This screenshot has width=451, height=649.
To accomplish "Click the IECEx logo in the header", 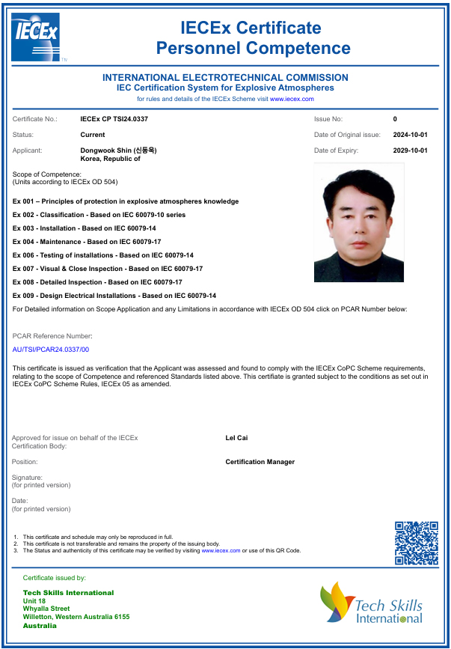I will (35, 37).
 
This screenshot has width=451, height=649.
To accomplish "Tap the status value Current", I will (93, 135).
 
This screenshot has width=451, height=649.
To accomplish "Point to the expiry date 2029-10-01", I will (410, 150).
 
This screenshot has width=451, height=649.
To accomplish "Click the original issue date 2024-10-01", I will (410, 135).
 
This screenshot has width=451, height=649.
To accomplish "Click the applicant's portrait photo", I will (358, 222).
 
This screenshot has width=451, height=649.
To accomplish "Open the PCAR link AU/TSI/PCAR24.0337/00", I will (51, 350).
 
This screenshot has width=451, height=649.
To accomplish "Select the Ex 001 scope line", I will (126, 201).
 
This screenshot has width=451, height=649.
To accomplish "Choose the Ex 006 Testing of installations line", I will (103, 255).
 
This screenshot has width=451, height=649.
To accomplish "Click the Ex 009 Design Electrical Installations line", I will (114, 296).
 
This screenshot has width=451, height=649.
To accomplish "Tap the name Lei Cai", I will (236, 438).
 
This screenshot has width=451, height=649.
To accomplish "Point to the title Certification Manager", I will (260, 462).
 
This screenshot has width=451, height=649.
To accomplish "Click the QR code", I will (416, 543).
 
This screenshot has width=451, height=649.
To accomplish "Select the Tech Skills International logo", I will (371, 603).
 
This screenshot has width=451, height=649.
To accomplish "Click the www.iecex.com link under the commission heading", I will (292, 99).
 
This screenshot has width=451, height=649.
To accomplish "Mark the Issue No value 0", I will (395, 119).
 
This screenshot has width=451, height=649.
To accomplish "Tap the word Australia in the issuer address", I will (40, 626).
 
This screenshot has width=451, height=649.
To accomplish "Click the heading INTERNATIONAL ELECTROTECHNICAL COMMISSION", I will (225, 78).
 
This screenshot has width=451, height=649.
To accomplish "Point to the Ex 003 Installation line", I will (85, 228).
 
